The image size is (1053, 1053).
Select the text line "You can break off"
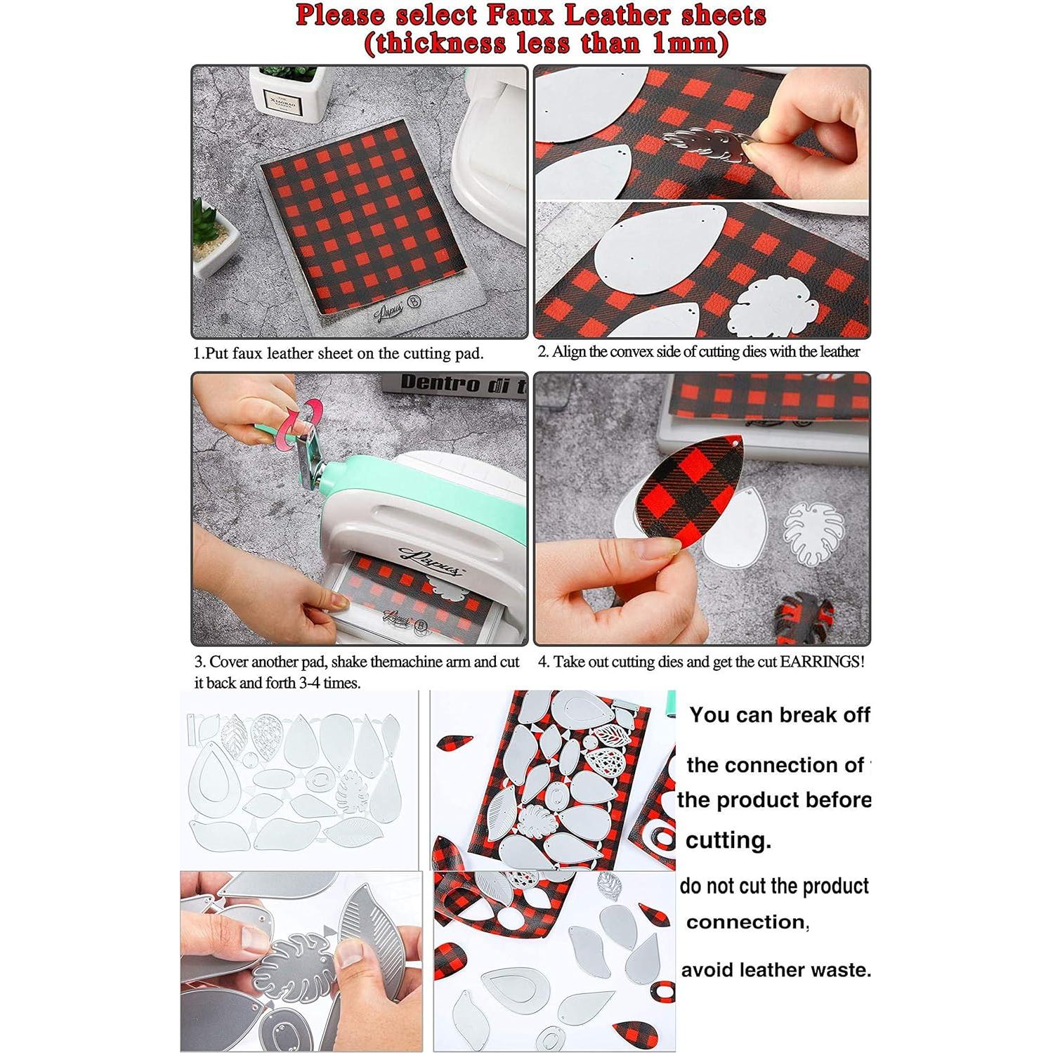tap(779, 715)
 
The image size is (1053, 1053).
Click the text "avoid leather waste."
tap(776, 970)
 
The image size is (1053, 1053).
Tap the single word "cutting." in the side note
tap(728, 840)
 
